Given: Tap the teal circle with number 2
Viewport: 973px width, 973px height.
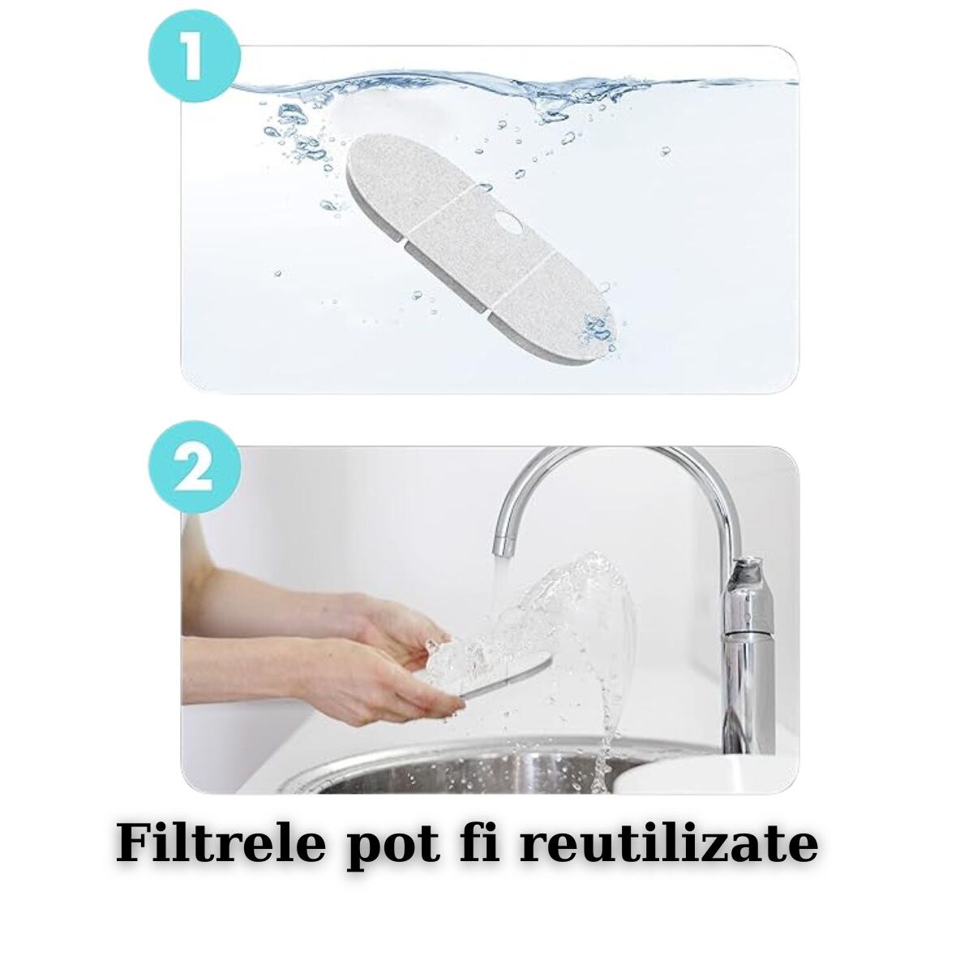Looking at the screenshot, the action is point(195,467).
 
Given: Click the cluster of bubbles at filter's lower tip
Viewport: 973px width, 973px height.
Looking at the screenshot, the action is point(599,328).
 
